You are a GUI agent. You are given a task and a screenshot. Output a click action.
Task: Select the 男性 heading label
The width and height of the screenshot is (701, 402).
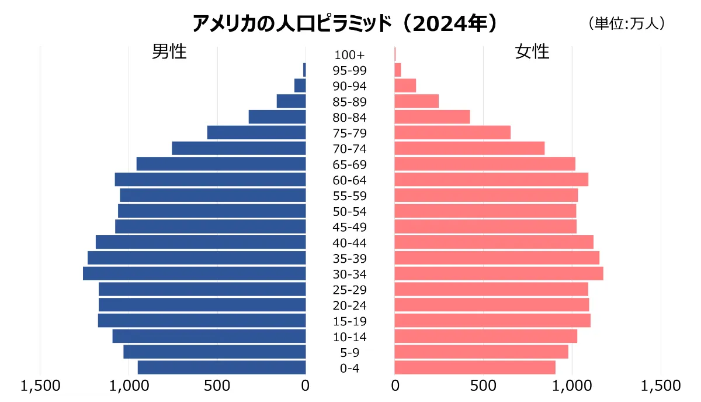pyautogui.click(x=169, y=51)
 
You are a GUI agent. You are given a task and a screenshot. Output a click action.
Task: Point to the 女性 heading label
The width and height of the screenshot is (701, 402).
pyautogui.click(x=532, y=51)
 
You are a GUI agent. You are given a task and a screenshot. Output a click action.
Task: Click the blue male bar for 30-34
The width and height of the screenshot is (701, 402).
pyautogui.click(x=195, y=273)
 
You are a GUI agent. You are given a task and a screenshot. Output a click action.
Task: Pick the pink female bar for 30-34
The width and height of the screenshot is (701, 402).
pyautogui.click(x=499, y=273)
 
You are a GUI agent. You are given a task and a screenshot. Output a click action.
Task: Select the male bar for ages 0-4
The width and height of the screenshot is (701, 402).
pyautogui.click(x=222, y=367)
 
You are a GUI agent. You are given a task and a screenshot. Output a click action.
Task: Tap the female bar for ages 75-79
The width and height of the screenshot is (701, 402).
pyautogui.click(x=453, y=132)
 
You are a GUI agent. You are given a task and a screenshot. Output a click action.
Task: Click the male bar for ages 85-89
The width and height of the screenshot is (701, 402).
pyautogui.click(x=291, y=101)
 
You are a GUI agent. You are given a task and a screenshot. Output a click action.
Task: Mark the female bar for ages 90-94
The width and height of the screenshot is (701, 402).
pyautogui.click(x=405, y=85)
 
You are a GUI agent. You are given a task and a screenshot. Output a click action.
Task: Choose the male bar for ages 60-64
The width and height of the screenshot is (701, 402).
pyautogui.click(x=210, y=179)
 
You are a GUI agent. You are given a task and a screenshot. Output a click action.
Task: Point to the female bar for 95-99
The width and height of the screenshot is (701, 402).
pyautogui.click(x=398, y=70)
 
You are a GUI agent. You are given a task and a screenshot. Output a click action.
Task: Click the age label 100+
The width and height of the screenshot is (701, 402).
pyautogui.click(x=349, y=55)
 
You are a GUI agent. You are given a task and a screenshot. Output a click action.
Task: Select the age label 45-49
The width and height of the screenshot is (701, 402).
pyautogui.click(x=349, y=227)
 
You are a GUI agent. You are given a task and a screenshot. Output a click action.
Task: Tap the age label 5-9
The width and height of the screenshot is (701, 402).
pyautogui.click(x=349, y=352)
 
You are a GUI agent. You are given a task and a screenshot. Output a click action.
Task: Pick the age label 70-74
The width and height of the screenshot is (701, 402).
pyautogui.click(x=349, y=149)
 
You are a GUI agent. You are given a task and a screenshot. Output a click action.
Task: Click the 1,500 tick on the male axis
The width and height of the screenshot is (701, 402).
pyautogui.click(x=40, y=386)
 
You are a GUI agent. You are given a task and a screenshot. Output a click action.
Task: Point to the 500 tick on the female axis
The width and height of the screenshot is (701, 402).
pyautogui.click(x=483, y=386)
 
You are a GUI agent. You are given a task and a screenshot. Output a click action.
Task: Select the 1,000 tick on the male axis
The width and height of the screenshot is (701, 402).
pyautogui.click(x=129, y=386)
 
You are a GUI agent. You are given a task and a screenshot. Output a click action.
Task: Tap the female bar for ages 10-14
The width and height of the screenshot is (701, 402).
pyautogui.click(x=486, y=336)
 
